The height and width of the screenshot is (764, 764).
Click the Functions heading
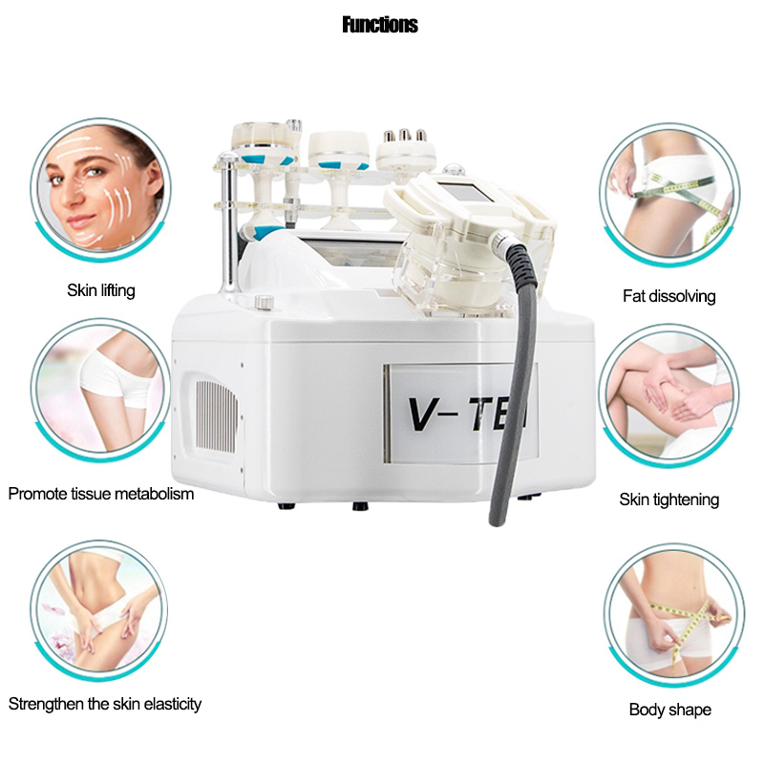(x=380, y=25)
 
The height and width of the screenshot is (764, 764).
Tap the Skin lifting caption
(x=101, y=290)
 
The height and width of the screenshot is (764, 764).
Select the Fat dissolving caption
(x=669, y=296)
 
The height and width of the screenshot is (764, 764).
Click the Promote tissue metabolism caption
(x=101, y=494)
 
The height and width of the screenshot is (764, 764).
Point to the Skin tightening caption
(x=669, y=499)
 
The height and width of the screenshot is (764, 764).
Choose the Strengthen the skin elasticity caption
(x=105, y=704)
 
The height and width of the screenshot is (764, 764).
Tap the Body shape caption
(x=670, y=710)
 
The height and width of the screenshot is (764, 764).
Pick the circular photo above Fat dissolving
(x=669, y=195)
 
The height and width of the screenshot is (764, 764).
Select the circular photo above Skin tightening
(x=669, y=395)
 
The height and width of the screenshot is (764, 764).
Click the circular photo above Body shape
(x=674, y=615)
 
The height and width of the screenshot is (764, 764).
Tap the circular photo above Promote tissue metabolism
(x=100, y=391)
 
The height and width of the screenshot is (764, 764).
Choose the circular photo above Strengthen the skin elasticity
(x=99, y=610)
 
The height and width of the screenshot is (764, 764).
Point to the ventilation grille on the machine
(x=216, y=415)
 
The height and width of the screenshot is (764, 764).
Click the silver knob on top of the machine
(x=264, y=302)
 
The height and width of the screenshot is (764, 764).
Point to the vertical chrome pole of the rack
(x=227, y=224)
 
